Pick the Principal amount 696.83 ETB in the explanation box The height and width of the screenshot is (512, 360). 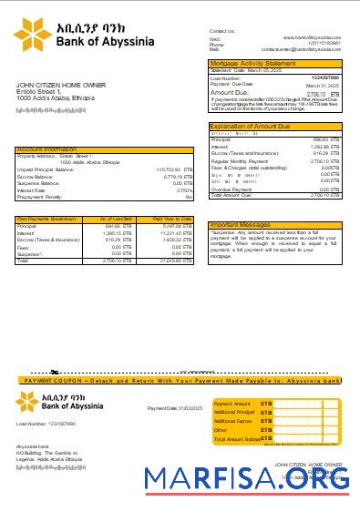click(324, 139)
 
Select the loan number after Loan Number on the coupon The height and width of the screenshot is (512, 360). click(57, 424)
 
